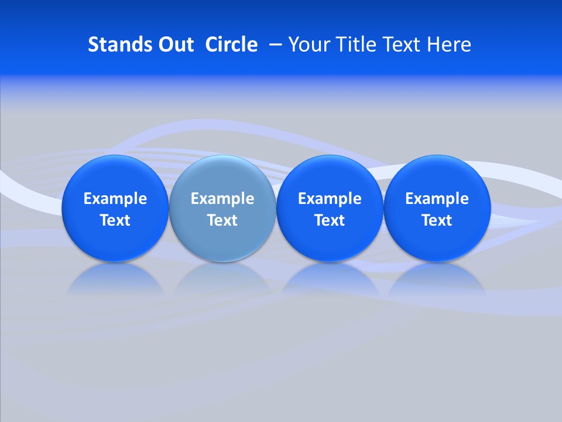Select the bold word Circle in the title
coord(231,45)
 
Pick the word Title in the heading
coord(355,45)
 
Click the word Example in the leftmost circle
coord(115,199)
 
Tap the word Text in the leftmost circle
coord(115,220)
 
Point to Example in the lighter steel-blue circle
coord(222,199)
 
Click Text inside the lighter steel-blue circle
coord(222,220)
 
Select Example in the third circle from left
coord(330,199)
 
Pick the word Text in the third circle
coord(330,220)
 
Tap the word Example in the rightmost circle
coord(437,199)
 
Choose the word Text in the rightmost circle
coord(437,220)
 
